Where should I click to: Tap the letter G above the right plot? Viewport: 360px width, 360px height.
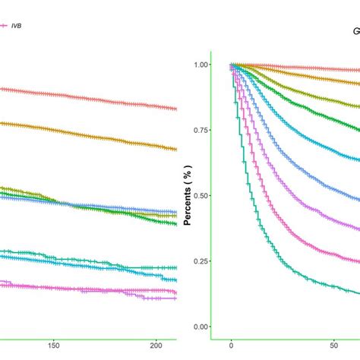click(x=354, y=32)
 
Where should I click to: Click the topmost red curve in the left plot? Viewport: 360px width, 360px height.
click(x=76, y=96)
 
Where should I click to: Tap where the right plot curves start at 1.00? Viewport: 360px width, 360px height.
click(x=232, y=65)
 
